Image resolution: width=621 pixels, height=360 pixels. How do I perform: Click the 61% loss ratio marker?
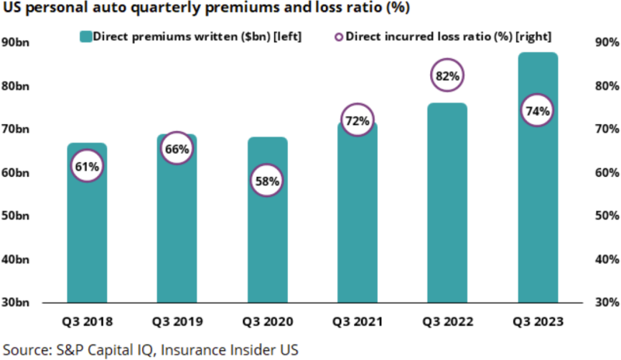pos(86,165)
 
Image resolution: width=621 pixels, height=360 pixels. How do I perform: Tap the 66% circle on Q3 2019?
pos(176,149)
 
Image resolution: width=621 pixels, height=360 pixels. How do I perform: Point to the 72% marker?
pos(356,120)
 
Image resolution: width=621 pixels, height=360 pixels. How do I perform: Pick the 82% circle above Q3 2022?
pos(447,75)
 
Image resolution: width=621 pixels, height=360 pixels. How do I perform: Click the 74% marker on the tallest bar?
pos(537,110)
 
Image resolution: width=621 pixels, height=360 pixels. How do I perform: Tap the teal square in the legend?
pos(86,36)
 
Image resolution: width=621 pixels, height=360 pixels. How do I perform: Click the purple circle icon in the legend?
pos(338,36)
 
